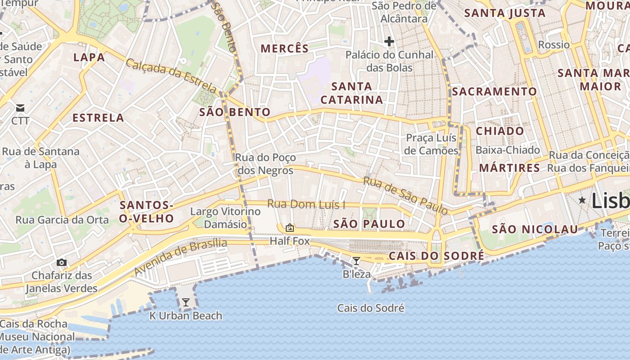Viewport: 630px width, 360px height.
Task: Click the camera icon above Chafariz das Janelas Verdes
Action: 62,262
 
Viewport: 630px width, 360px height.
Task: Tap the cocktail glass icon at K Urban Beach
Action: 185,302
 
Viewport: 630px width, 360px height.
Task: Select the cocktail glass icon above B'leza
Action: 356,261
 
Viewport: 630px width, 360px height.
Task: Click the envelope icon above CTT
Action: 20,108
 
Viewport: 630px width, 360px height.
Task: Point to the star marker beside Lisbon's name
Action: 582,200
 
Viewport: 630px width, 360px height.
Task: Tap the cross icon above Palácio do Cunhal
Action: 389,42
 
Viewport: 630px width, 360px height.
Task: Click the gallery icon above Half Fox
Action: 290,228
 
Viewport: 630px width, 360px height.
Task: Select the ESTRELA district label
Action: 98,118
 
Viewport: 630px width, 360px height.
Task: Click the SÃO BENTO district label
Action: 235,112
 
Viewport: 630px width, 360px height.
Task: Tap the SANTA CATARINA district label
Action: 352,93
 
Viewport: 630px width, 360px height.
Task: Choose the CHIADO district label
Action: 500,131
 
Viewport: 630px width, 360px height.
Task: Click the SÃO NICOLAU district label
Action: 535,229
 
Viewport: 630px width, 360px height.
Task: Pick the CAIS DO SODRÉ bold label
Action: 436,256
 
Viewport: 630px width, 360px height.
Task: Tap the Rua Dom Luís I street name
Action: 306,204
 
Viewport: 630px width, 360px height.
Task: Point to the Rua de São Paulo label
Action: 405,195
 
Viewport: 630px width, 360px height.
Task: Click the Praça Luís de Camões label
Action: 431,144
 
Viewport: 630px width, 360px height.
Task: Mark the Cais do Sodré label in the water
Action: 371,308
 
